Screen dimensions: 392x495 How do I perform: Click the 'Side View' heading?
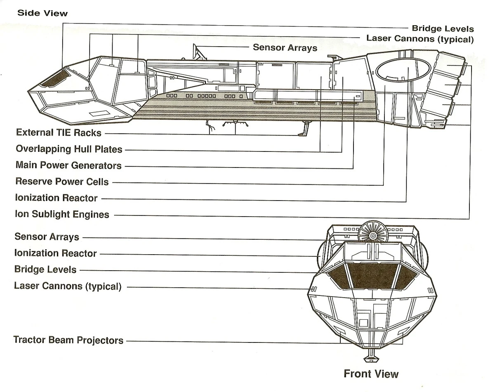tap(42, 13)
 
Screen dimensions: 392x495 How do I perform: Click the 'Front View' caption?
tap(371, 374)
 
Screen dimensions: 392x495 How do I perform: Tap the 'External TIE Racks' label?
tap(59, 133)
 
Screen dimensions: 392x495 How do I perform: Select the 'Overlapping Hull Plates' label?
tap(69, 149)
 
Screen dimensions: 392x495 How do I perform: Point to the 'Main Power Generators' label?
tap(68, 165)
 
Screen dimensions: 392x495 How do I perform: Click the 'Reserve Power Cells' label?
tap(62, 182)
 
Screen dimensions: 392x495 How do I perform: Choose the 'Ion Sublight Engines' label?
tap(62, 214)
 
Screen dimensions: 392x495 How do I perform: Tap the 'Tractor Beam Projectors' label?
tap(68, 340)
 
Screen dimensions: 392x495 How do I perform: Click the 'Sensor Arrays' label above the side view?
tap(285, 47)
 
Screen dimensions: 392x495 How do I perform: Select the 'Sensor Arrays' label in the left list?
tap(47, 237)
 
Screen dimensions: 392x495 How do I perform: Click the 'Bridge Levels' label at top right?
tap(443, 28)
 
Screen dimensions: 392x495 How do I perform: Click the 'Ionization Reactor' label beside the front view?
tap(56, 253)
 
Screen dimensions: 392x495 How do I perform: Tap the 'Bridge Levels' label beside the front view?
tap(45, 269)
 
